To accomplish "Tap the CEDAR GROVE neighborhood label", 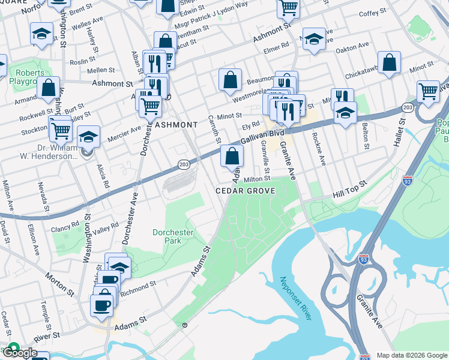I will (246, 191).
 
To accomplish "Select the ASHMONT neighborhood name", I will (176, 125).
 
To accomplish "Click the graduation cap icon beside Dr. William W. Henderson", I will (88, 137).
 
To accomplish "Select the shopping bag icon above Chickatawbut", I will (390, 62).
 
